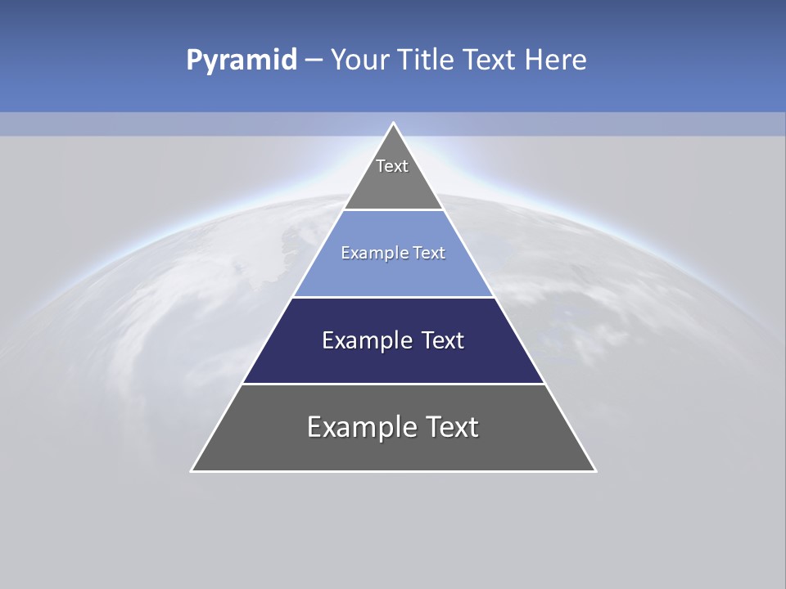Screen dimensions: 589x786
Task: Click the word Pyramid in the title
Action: [241, 61]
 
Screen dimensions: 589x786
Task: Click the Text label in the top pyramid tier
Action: [392, 166]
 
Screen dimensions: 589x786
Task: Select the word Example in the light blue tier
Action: [367, 253]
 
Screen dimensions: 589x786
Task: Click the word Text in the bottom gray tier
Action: [450, 427]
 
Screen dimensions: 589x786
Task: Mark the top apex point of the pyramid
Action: [393, 123]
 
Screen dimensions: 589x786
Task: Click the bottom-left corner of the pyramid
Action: [192, 470]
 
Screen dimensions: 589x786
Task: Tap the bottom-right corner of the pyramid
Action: [595, 470]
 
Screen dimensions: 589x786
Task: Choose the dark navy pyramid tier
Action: [393, 364]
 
